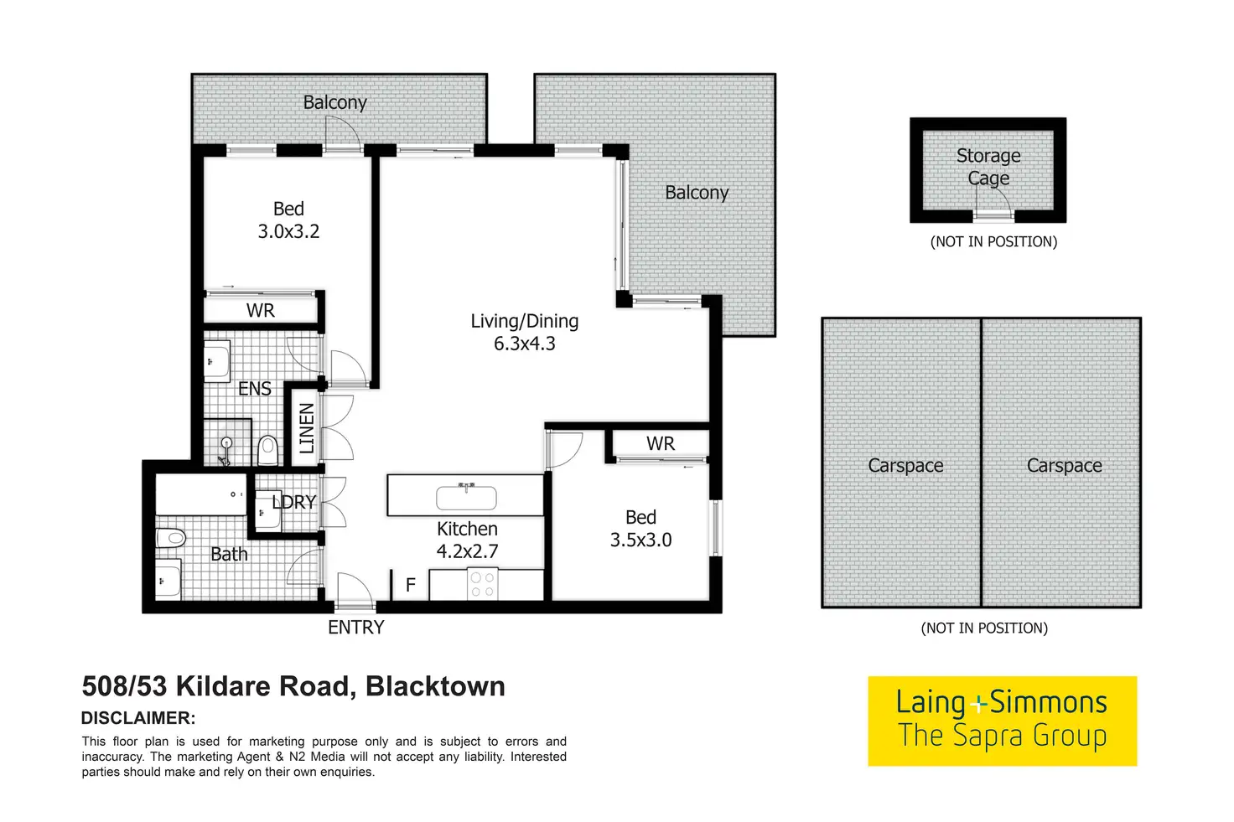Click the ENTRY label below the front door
tap(355, 628)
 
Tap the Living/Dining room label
tap(524, 321)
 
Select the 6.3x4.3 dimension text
tap(524, 344)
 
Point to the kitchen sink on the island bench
tap(466, 498)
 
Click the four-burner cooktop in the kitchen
tap(482, 584)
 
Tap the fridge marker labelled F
tap(411, 585)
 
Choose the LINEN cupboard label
tap(307, 428)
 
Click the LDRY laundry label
tap(294, 502)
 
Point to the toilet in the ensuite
tap(267, 450)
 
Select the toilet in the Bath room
tap(171, 537)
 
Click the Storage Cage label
tap(988, 167)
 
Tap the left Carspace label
tap(905, 466)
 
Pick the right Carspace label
tap(1064, 466)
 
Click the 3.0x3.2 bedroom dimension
tap(288, 232)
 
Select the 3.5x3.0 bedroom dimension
tap(640, 540)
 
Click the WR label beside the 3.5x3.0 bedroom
tap(661, 444)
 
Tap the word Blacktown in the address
tap(435, 687)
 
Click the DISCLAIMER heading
tap(138, 718)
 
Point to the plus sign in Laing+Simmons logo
tap(977, 704)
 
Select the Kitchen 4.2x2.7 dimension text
tap(467, 551)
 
